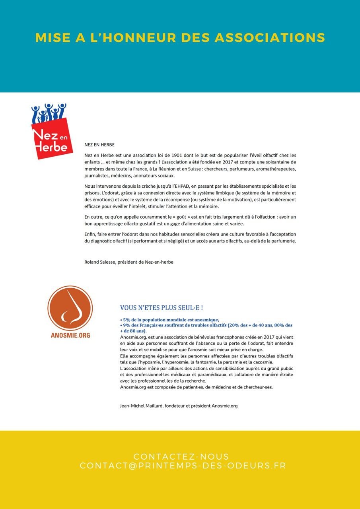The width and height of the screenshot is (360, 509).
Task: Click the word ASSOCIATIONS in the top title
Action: coord(270,38)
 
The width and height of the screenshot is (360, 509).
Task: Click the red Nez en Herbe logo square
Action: coord(52,138)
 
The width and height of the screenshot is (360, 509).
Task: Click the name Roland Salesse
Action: coord(99,262)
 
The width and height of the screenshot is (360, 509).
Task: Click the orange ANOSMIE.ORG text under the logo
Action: coord(70,335)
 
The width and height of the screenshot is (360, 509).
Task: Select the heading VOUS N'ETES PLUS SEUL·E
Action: coord(162,308)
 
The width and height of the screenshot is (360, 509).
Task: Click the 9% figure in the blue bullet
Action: coord(126,325)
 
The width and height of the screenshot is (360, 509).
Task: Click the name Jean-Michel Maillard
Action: coord(141,406)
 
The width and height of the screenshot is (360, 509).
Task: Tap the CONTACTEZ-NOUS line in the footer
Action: coord(181,457)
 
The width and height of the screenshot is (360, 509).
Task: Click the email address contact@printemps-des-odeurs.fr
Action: coord(183,466)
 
